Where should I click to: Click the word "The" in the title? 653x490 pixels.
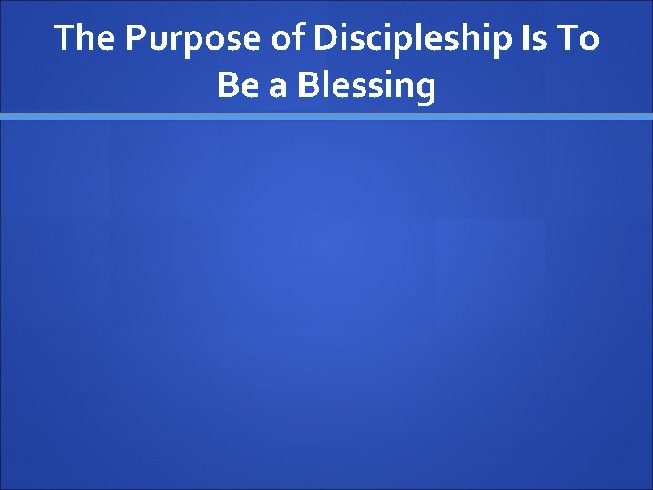84,39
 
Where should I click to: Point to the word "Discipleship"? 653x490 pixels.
416,40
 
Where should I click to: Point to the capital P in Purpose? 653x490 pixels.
133,39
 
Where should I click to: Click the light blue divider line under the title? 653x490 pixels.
326,116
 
